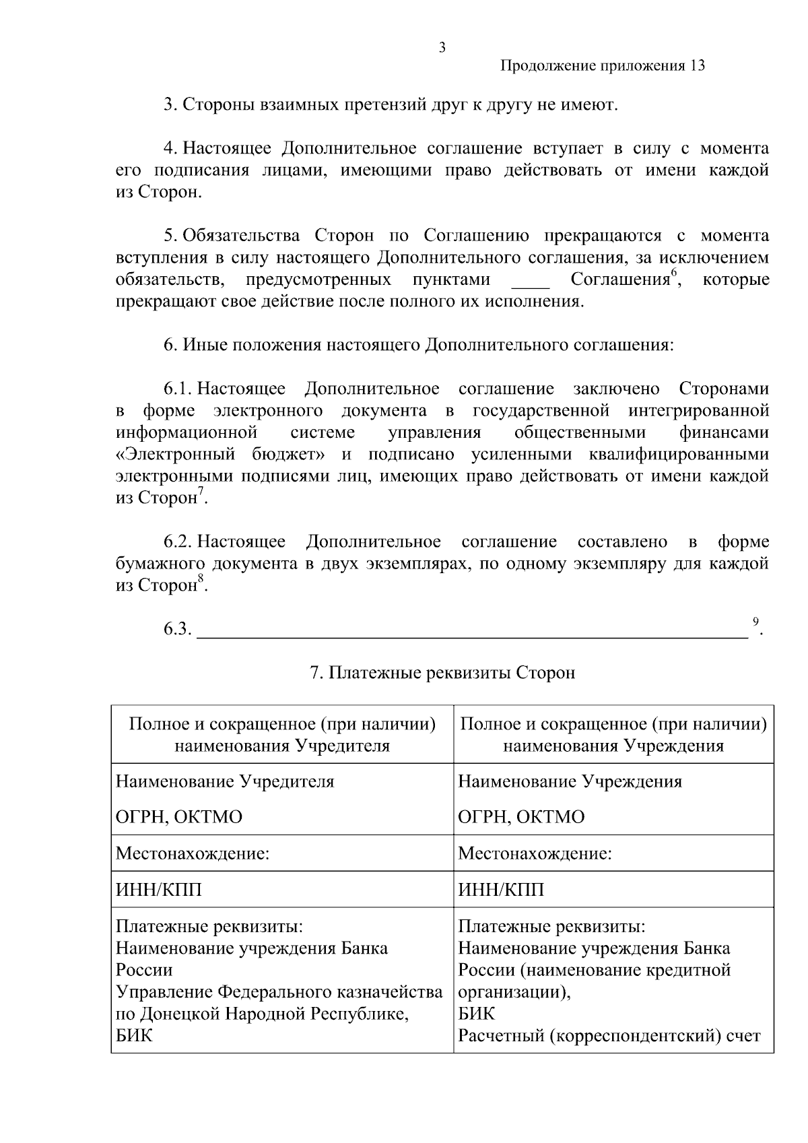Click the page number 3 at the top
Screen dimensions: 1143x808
pyautogui.click(x=442, y=47)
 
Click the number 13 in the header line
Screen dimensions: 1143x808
pyautogui.click(x=697, y=66)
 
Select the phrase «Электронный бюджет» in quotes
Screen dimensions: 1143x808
pyautogui.click(x=224, y=455)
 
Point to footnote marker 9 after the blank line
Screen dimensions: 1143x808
pyautogui.click(x=755, y=621)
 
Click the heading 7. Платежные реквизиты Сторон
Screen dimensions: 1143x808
pyautogui.click(x=442, y=673)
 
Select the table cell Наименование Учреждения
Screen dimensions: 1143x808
pyautogui.click(x=570, y=781)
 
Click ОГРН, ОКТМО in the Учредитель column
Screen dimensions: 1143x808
pyautogui.click(x=179, y=817)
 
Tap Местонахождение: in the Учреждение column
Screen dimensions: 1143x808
pyautogui.click(x=535, y=854)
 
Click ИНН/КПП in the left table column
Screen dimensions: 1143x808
pyautogui.click(x=159, y=890)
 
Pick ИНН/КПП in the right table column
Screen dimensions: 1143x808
pyautogui.click(x=501, y=890)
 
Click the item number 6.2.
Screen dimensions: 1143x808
pyautogui.click(x=178, y=542)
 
